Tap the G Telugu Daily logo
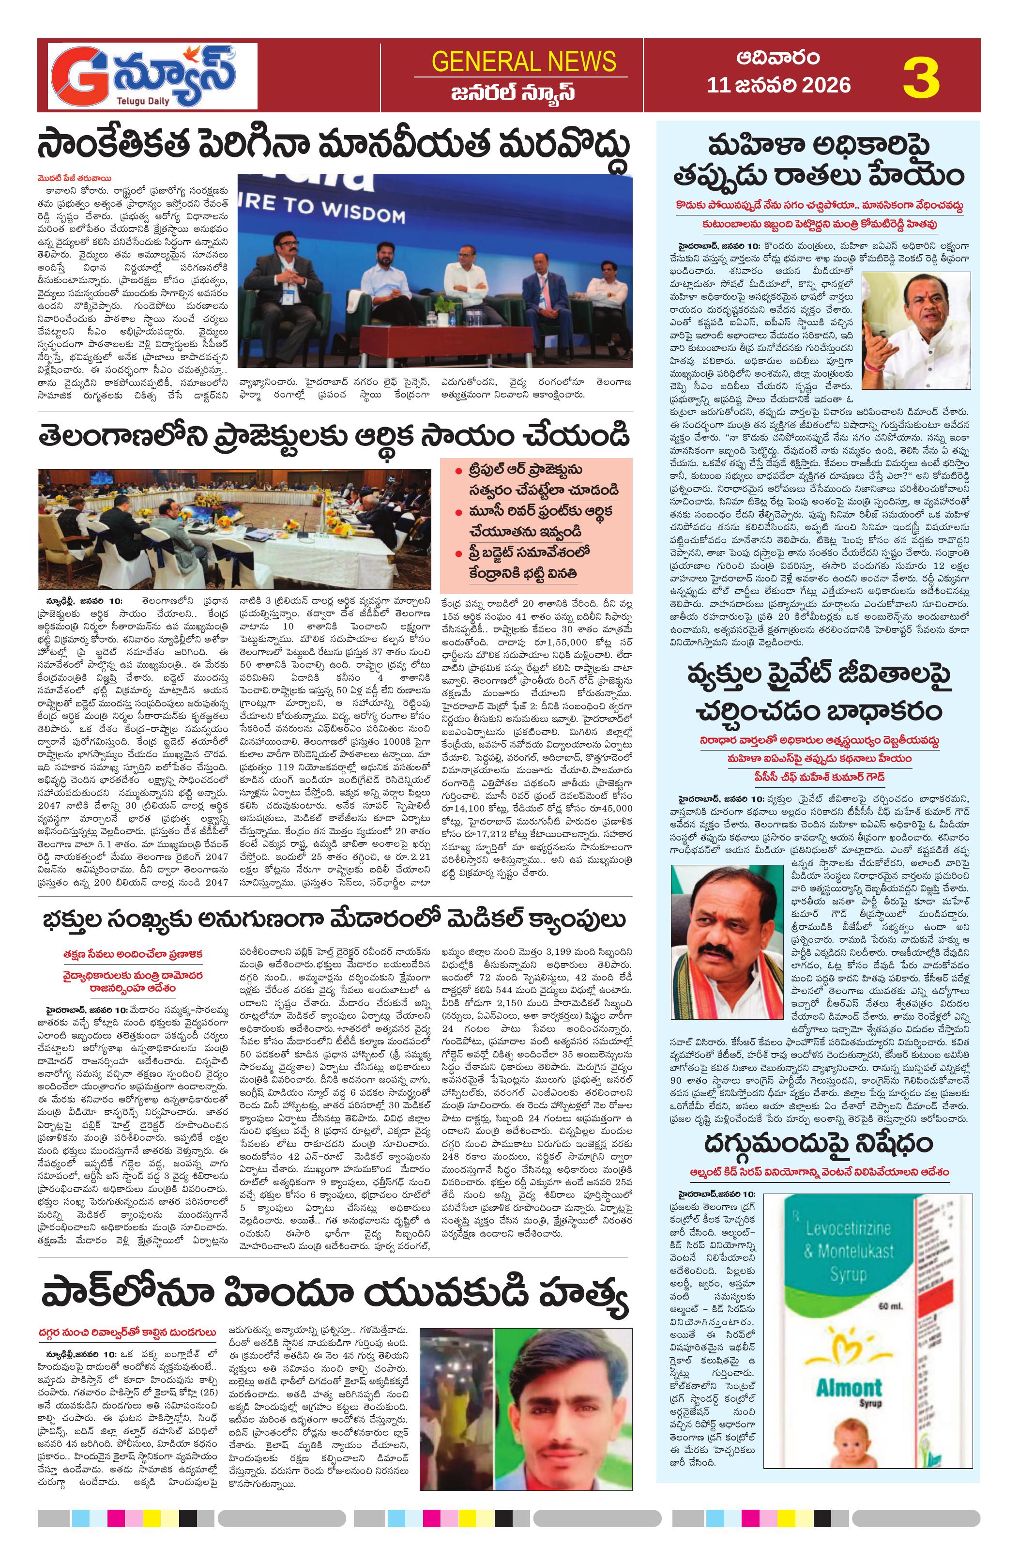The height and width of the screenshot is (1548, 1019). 148,76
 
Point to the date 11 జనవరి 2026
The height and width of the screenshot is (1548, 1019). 778,85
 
